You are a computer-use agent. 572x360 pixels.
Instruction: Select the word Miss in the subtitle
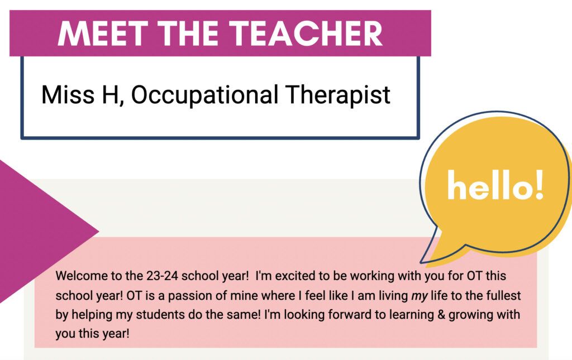point(63,95)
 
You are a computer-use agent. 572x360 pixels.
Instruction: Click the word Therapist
point(339,95)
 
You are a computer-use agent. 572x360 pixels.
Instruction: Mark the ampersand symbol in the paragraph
point(416,314)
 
